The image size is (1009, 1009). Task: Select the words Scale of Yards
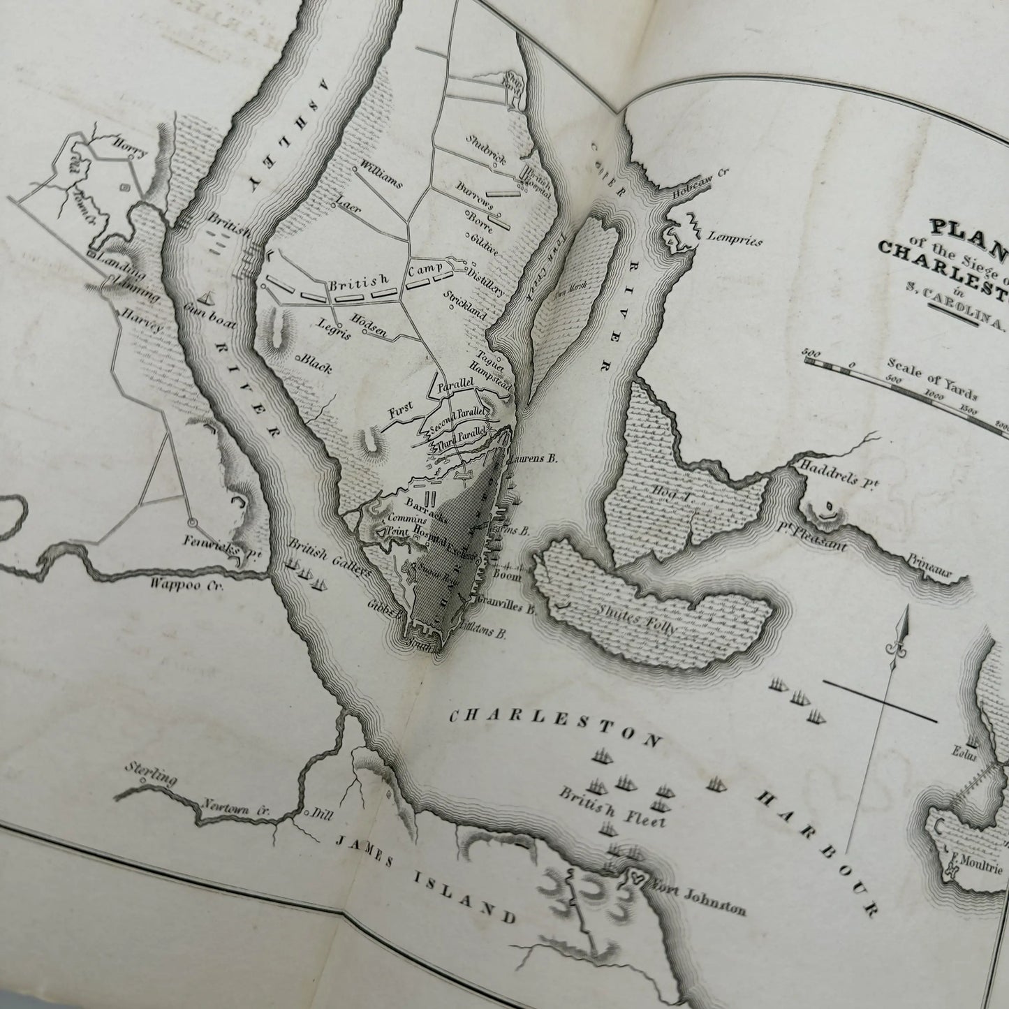[x=932, y=380]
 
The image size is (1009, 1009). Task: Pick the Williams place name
[x=381, y=175]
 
